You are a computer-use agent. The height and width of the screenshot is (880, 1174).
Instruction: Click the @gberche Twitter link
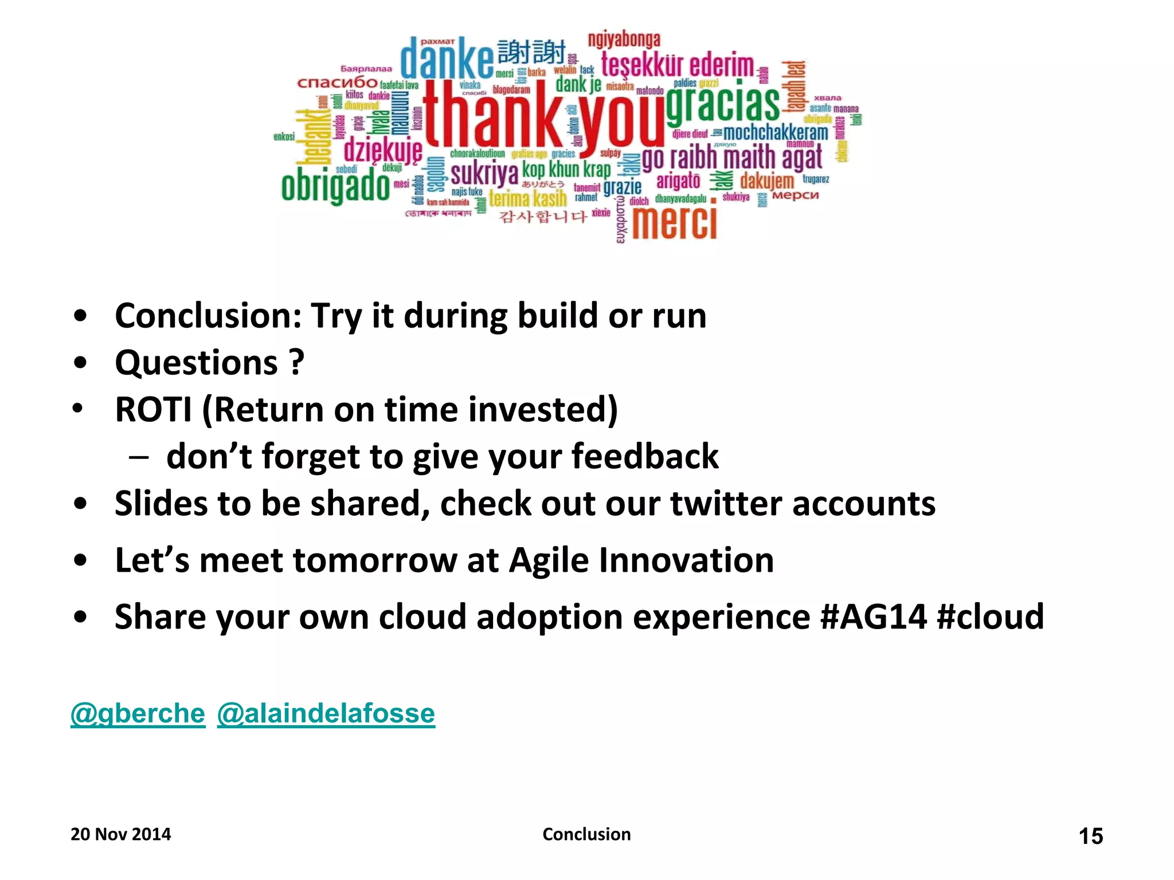click(x=138, y=714)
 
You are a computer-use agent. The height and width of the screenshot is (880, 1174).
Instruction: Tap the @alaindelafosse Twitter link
click(x=326, y=714)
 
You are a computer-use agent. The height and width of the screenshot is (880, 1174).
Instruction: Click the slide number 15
click(x=1090, y=836)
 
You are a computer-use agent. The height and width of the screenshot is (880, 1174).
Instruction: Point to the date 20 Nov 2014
click(x=120, y=834)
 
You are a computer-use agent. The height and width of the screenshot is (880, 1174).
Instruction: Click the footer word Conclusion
click(x=586, y=834)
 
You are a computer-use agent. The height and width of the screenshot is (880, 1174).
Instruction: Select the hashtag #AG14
click(x=873, y=618)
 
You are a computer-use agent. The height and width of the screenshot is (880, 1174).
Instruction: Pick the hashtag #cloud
click(x=990, y=618)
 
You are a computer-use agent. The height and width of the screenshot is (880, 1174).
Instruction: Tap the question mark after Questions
click(x=296, y=363)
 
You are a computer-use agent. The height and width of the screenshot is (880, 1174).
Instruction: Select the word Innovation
click(x=686, y=560)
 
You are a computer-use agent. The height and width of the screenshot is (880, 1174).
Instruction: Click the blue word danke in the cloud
click(x=446, y=58)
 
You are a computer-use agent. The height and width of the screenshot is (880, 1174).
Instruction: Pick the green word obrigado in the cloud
click(x=335, y=187)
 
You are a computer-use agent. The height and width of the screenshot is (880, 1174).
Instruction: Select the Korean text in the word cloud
click(x=543, y=217)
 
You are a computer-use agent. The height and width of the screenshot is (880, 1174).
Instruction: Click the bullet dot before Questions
click(x=80, y=363)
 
